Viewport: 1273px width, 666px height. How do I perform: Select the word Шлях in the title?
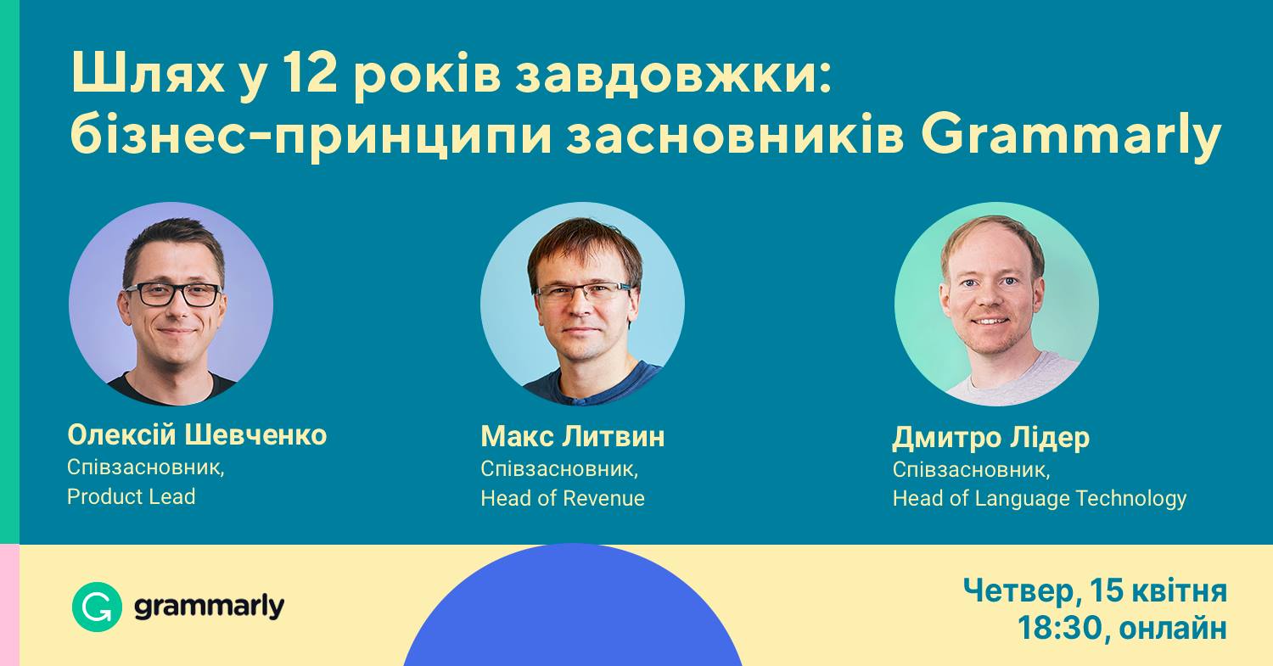point(148,75)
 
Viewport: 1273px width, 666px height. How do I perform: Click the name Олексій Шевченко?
point(197,435)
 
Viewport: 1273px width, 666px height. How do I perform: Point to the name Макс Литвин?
point(573,436)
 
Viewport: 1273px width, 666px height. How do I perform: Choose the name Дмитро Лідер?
point(991,438)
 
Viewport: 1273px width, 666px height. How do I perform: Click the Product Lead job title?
point(132,496)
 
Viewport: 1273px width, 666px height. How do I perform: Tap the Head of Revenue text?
point(563,498)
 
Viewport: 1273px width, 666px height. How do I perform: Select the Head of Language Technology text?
point(1040,498)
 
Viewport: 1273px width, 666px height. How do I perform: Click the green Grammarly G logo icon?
point(98,607)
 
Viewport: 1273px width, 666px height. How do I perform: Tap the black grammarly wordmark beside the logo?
point(209,607)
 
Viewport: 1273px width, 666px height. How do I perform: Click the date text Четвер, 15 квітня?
point(1095,591)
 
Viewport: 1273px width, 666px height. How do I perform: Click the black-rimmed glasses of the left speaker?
point(173,294)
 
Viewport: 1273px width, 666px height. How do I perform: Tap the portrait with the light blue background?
point(582,304)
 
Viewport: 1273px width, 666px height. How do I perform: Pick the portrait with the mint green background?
point(996,304)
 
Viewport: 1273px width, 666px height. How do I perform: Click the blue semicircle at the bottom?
point(573,608)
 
